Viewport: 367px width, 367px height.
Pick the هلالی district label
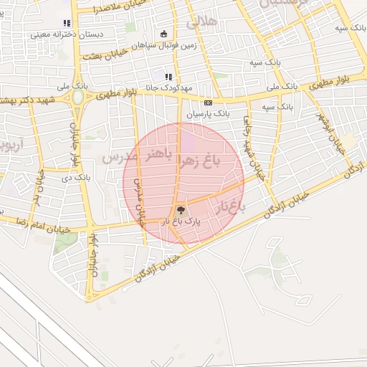pos(201,22)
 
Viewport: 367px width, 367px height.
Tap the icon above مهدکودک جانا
pos(168,77)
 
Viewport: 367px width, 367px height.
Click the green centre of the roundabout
pos(77,97)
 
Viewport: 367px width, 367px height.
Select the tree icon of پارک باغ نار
pos(181,211)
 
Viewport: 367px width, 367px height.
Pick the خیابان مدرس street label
pos(139,204)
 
